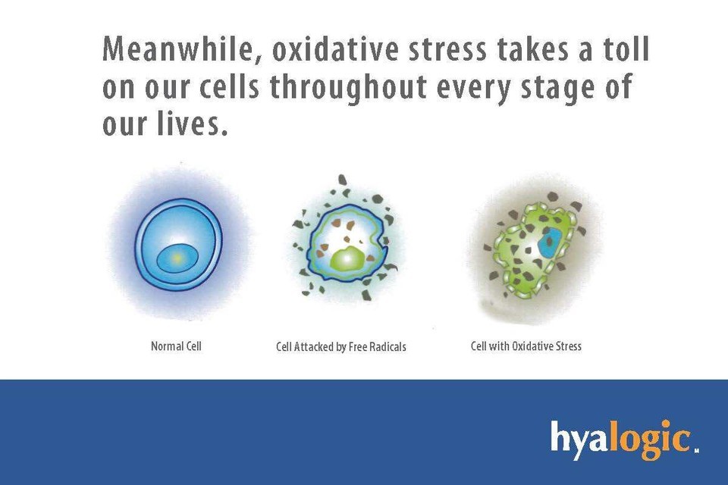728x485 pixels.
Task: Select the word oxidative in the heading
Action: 335,49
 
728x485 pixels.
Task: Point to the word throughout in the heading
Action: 348,87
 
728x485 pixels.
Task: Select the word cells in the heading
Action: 229,86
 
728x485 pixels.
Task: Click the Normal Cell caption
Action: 176,346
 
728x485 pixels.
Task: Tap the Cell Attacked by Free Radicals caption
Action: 340,346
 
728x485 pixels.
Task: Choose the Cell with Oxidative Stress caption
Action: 526,346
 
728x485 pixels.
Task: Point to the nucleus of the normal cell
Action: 177,258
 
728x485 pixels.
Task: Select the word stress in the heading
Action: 447,50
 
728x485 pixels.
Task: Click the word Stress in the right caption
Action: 568,346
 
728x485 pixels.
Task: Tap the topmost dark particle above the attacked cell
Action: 343,180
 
